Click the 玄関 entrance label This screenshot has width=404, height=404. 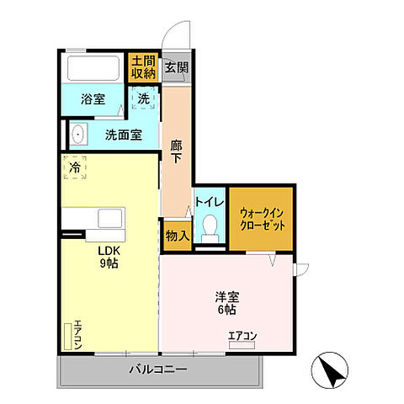[175, 68]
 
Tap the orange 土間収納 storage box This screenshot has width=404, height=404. [142, 67]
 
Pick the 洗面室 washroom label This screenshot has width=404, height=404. [123, 134]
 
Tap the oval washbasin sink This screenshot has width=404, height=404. [78, 133]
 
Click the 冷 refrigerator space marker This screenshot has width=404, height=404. [75, 169]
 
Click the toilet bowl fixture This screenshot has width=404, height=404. [210, 229]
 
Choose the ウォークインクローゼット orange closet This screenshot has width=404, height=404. [261, 219]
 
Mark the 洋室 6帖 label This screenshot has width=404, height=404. [226, 302]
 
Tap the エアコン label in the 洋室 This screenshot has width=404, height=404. [242, 337]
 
